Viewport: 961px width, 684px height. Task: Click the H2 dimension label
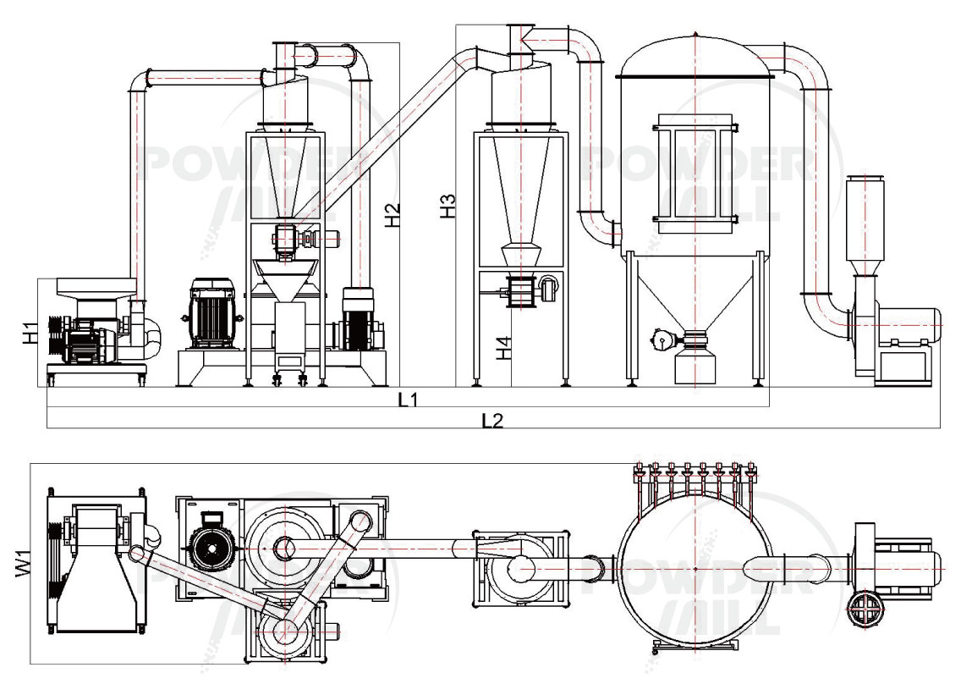point(393,215)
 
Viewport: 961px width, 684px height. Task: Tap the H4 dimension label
point(504,347)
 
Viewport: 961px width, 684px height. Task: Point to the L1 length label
point(409,399)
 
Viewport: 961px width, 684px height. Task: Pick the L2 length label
point(492,420)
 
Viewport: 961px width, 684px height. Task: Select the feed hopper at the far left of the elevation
point(93,289)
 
